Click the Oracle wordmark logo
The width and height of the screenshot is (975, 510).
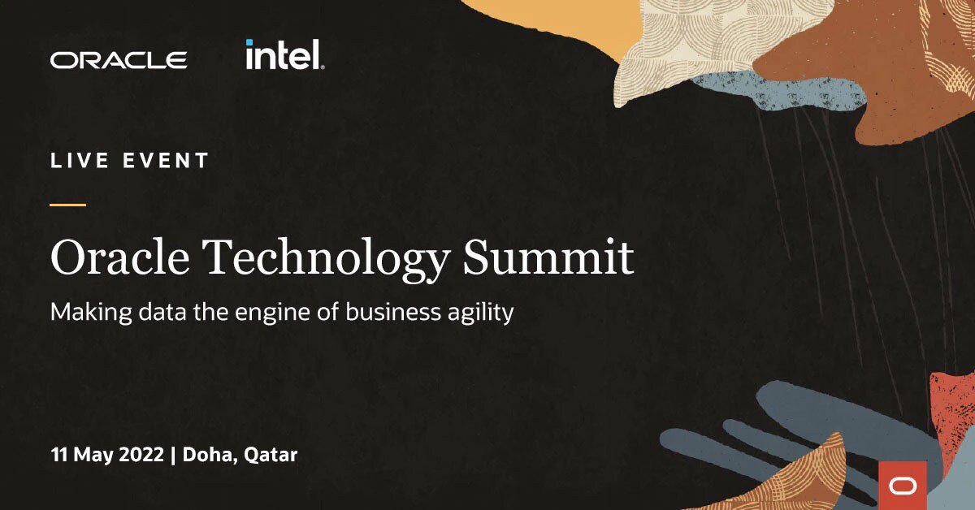[119, 60]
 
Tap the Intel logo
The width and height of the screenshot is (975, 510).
[284, 55]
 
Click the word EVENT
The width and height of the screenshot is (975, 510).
[167, 161]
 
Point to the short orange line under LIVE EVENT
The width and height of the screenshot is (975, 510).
[68, 205]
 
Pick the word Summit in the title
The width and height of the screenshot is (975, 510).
[548, 258]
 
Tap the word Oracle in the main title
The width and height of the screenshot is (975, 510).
[119, 258]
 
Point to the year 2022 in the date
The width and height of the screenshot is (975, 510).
[141, 455]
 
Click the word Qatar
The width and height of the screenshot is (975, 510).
[271, 456]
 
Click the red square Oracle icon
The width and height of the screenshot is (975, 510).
[903, 485]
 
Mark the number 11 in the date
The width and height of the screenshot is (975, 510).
[58, 455]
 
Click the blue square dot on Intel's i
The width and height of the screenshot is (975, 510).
[249, 42]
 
